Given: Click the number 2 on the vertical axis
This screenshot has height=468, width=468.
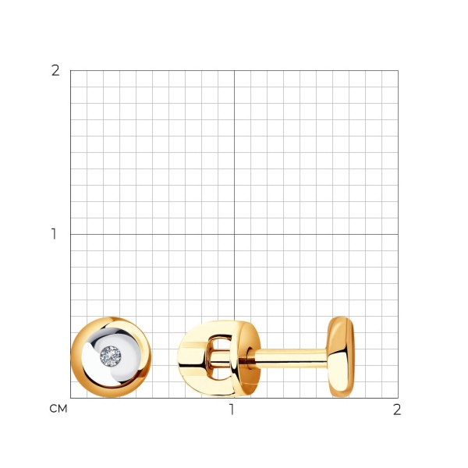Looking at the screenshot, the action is (x=55, y=71).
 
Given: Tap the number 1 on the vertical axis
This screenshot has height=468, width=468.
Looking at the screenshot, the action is (x=54, y=234).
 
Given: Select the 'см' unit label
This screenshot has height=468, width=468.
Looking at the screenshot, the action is (x=58, y=409).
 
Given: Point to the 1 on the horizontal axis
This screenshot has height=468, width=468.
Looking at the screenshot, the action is (x=232, y=409).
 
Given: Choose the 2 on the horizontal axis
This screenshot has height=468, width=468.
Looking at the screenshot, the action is (x=397, y=409).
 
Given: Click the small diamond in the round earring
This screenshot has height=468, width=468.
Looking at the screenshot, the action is (x=111, y=356).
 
